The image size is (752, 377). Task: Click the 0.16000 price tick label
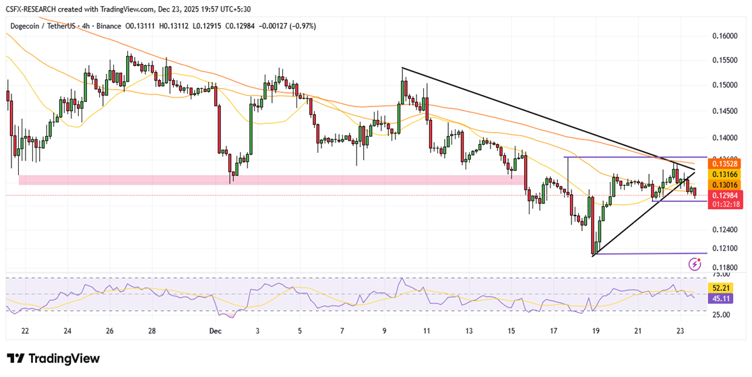point(726,36)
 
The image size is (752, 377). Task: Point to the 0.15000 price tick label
point(726,85)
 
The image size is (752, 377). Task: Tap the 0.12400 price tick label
point(726,230)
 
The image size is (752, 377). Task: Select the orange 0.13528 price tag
point(725,163)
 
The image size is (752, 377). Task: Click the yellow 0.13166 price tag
point(725,174)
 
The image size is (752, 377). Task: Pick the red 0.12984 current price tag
point(725,195)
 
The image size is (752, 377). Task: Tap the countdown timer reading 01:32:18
point(725,204)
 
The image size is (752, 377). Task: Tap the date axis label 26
point(110,331)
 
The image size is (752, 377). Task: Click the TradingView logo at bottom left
point(53,359)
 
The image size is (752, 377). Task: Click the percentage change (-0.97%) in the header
point(301,26)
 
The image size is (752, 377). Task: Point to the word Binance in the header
point(108,26)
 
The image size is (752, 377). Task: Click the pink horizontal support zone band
point(270,180)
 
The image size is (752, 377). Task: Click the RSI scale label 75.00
point(722,275)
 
